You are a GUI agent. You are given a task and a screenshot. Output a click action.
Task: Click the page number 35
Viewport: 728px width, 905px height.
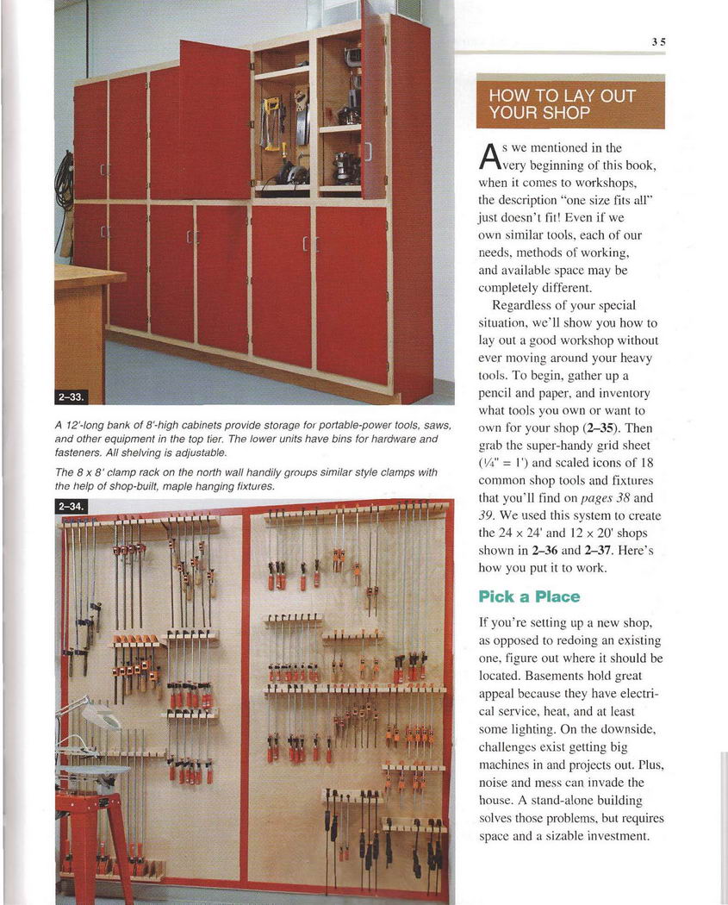658,41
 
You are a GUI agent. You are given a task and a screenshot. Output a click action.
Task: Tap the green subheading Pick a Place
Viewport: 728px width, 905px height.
529,596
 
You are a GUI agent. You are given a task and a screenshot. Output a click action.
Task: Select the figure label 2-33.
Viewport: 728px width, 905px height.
72,396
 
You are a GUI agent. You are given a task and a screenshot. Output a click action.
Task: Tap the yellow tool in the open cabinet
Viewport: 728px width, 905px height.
271,121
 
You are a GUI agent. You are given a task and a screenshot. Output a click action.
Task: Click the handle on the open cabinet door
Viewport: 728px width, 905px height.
369,152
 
